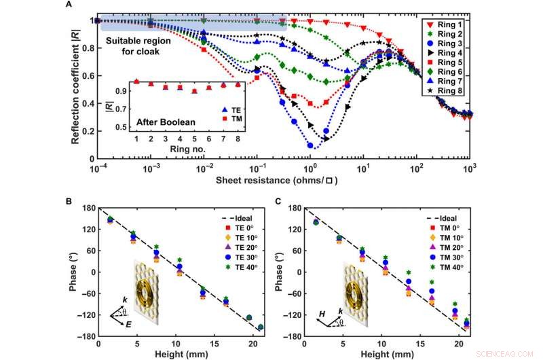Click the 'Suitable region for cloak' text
139,47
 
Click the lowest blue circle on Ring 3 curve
311,145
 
